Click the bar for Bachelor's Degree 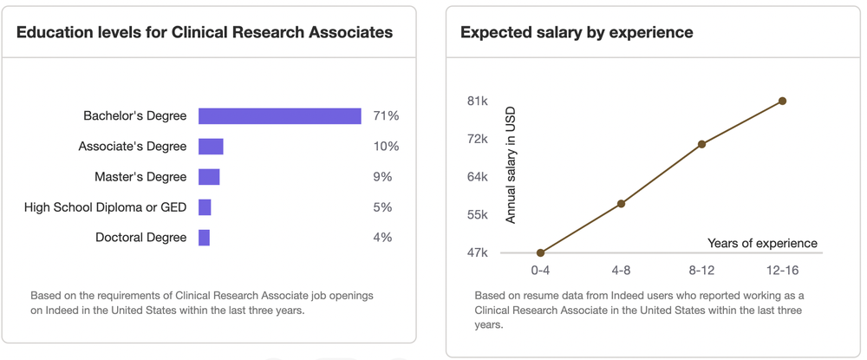coord(280,116)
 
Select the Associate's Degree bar coord(211,147)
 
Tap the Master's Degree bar coord(209,177)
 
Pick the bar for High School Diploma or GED coord(205,207)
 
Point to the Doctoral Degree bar coord(204,238)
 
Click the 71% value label coord(386,116)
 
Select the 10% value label coord(386,147)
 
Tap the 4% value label coord(382,238)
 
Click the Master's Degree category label coord(140,177)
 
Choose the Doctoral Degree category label coord(141,238)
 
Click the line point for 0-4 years coord(540,252)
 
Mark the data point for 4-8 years coord(621,204)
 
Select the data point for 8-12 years coord(701,144)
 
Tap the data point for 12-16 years coord(782,101)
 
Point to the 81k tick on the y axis coord(477,101)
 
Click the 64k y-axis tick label coord(477,177)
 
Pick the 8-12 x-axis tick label coord(701,271)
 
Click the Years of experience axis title coord(762,243)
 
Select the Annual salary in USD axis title coord(511,166)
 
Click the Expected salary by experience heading coord(577,33)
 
